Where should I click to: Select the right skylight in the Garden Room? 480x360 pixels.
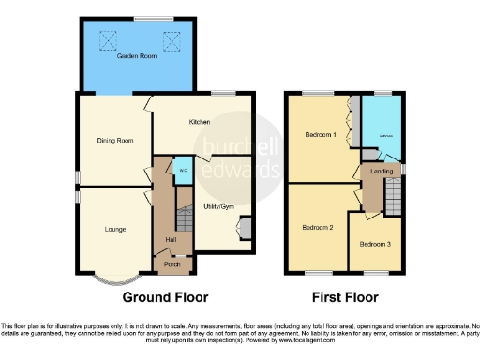point(171,40)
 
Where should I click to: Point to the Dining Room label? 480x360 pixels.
point(111,141)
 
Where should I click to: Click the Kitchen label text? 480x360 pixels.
point(199,122)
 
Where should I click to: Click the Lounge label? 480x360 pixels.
point(111,228)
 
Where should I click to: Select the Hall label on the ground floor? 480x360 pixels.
point(172,240)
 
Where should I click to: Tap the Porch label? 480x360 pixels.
point(172,264)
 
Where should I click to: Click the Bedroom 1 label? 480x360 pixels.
point(320,135)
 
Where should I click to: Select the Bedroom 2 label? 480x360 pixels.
point(318,228)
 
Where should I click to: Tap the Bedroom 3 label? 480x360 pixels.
point(375,244)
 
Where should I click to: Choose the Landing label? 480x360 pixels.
point(382,171)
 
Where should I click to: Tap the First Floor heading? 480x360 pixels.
point(346,298)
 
